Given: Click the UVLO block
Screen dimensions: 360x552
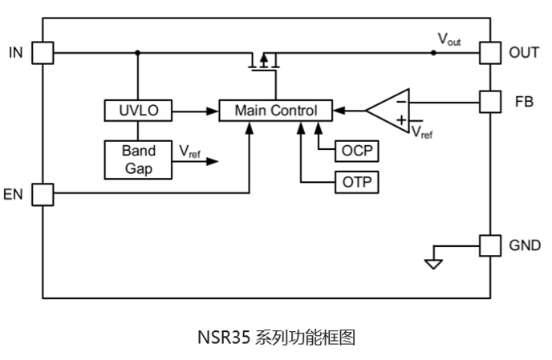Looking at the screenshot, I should [x=138, y=111].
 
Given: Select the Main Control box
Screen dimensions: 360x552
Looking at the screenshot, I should [x=276, y=111].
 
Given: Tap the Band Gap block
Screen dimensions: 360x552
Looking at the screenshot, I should [x=138, y=160].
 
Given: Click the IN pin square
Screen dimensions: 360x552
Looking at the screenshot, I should [x=43, y=53].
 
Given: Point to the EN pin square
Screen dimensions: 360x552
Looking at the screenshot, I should [x=43, y=193].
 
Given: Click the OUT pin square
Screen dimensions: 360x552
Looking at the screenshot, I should [x=489, y=53].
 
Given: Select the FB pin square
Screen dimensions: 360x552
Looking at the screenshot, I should [x=489, y=102].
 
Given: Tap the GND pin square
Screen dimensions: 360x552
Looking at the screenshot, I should [x=489, y=245].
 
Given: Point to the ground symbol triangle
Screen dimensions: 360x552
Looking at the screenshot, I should [x=433, y=263].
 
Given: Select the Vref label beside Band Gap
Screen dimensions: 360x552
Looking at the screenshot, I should [x=190, y=152].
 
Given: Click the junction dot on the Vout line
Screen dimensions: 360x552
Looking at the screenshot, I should [x=433, y=53].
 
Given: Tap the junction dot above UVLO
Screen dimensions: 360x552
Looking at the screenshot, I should [x=138, y=53].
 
